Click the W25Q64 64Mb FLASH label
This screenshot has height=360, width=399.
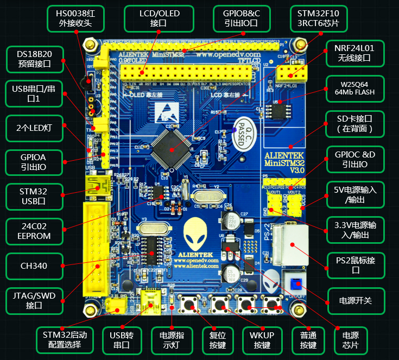click(354, 89)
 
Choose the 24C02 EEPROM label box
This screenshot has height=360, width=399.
click(34, 230)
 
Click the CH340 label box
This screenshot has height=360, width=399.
click(34, 266)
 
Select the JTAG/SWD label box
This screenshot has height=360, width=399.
click(34, 300)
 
